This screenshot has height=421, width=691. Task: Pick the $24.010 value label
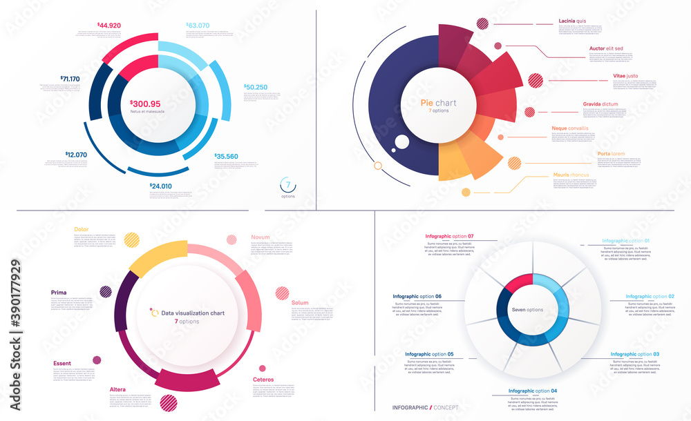coord(161,186)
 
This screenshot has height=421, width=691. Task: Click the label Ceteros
coord(263,380)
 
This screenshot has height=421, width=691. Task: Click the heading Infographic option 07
coord(450,237)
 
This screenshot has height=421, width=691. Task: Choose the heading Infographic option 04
coord(533,391)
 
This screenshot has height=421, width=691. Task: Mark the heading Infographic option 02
coord(650,296)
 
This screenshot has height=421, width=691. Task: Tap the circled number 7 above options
coord(289,186)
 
